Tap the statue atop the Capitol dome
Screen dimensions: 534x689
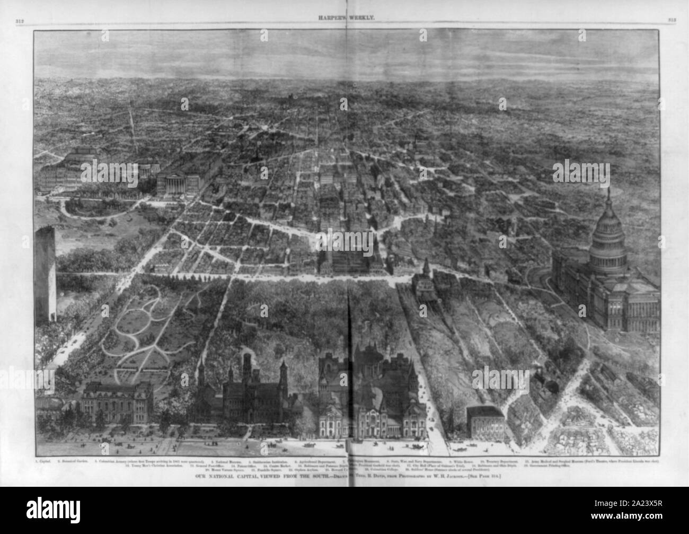click(x=608, y=192)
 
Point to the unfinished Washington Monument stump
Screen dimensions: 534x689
click(x=46, y=273)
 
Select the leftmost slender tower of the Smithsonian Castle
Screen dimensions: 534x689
click(x=201, y=371)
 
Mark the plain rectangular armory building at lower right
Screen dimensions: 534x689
click(x=484, y=421)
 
